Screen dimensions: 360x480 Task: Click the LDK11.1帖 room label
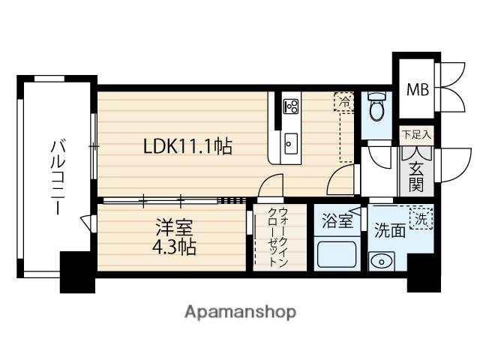tap(187, 147)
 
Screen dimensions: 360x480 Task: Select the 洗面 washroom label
tap(390, 231)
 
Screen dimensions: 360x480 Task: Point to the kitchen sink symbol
tap(291, 142)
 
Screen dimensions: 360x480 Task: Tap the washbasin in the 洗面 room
tap(381, 262)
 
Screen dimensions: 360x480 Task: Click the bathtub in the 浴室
tap(336, 254)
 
